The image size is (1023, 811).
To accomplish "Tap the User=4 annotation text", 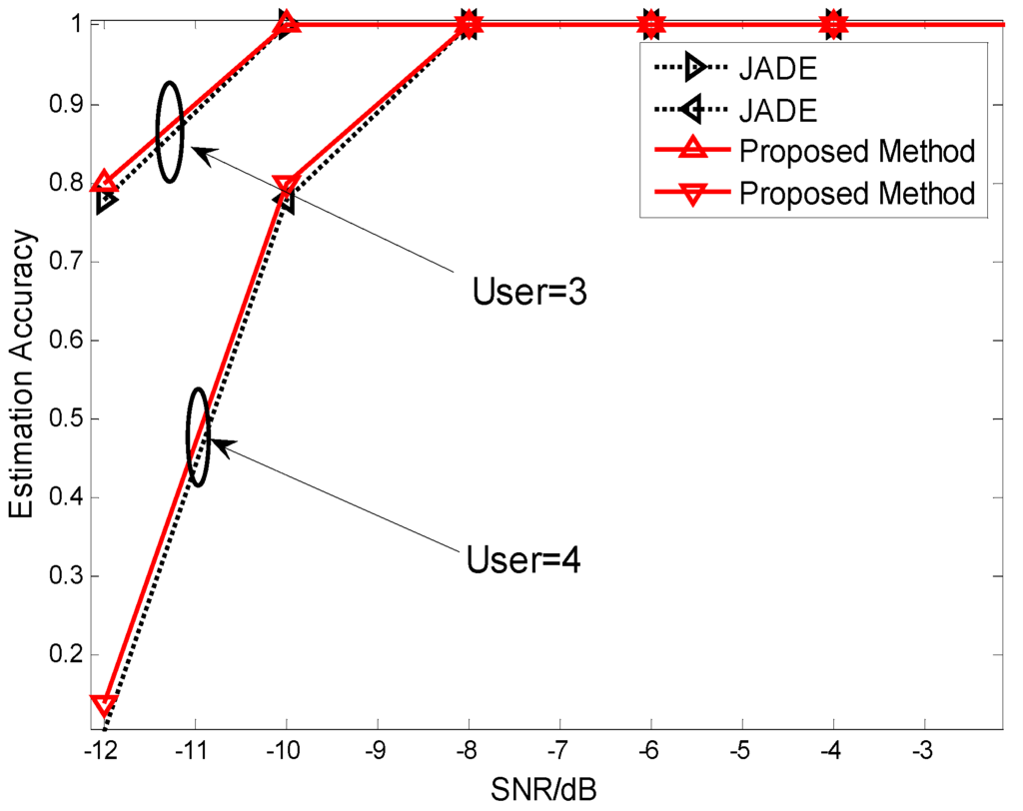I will point(523,559).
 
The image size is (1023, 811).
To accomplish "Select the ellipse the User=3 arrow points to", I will point(170,132).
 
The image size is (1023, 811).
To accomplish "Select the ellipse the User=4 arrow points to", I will point(199,436).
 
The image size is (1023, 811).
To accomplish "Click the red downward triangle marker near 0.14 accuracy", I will point(104,705).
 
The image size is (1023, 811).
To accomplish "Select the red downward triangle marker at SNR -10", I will point(287,186).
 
